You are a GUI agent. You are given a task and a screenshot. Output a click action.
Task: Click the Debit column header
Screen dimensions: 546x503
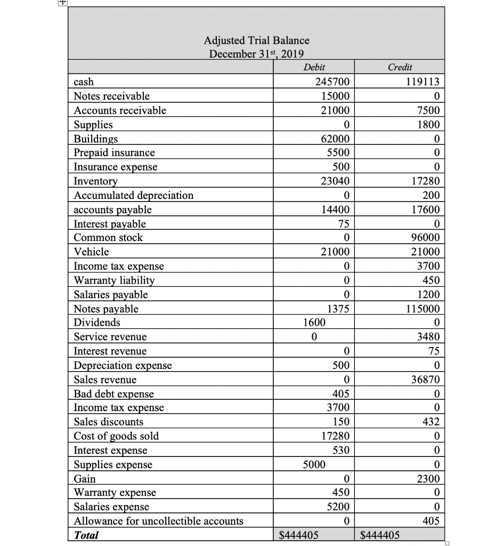(314, 67)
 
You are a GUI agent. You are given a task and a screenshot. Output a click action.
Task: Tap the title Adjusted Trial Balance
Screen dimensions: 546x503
(256, 40)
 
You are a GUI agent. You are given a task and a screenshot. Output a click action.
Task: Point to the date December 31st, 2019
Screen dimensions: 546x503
(256, 54)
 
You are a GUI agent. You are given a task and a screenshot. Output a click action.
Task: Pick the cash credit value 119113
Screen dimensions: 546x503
(421, 82)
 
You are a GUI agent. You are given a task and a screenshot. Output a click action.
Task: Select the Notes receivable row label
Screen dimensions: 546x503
(111, 96)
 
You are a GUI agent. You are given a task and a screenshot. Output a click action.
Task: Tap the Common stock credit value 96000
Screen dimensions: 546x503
(424, 238)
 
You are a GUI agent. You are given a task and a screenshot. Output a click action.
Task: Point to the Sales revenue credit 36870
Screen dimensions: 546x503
(424, 380)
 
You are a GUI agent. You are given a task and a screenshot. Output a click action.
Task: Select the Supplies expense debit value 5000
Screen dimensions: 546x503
(313, 464)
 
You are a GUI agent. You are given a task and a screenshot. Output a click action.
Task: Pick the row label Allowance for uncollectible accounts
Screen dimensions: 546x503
(158, 521)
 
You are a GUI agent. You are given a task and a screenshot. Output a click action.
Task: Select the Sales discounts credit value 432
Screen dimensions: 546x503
(429, 422)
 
